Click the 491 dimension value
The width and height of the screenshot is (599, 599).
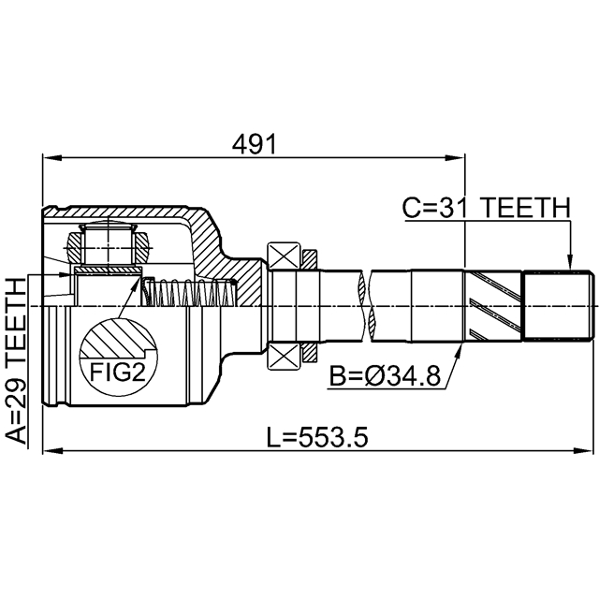click(255, 145)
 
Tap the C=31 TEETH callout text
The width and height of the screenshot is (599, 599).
click(487, 208)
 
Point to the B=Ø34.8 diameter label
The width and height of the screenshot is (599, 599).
click(385, 376)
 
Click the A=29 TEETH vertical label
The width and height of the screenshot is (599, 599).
click(17, 360)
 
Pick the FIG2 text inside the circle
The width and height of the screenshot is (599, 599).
click(118, 373)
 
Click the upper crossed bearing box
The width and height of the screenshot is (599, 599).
click(284, 256)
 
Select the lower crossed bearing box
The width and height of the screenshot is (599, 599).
click(284, 357)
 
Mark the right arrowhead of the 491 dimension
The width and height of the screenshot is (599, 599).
click(456, 157)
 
